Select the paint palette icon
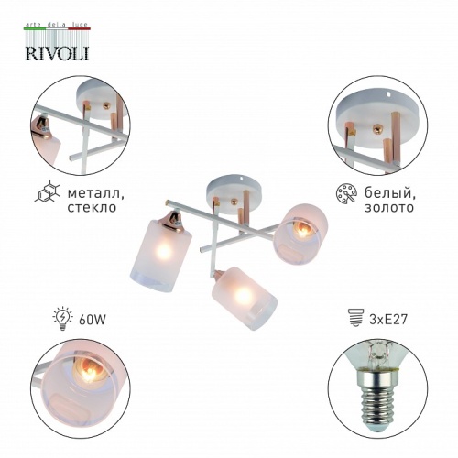click(346, 195)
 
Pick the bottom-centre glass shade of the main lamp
click(234, 293)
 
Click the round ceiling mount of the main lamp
click(230, 184)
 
